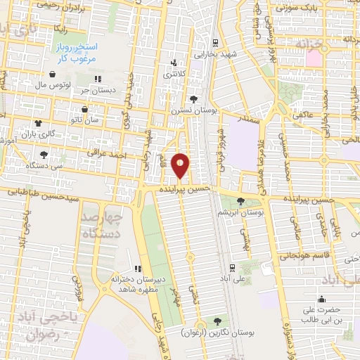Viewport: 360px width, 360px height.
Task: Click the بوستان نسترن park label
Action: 193,111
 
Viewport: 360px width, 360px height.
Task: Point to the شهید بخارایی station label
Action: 215,53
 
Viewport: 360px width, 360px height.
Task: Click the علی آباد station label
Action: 233,278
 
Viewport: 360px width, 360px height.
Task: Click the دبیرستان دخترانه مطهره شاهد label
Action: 138,284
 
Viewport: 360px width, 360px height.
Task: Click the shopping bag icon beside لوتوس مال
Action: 53,74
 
